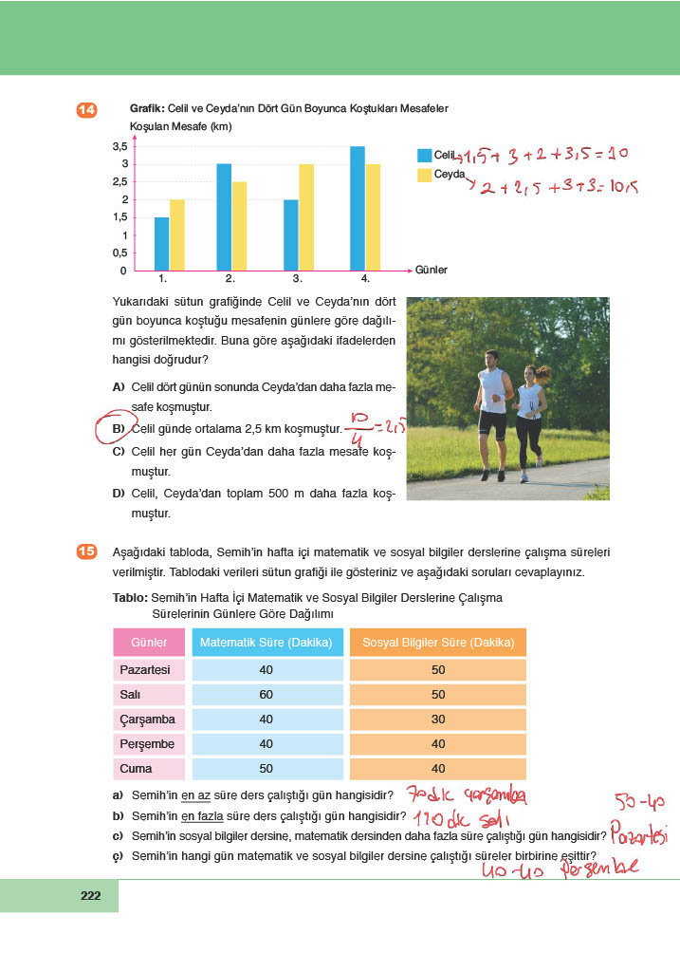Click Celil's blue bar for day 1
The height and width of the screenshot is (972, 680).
point(161,244)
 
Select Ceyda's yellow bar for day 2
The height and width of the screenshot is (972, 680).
point(239,226)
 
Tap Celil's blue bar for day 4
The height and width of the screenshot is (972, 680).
point(357,209)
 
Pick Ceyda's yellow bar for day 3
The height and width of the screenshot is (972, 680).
point(306,217)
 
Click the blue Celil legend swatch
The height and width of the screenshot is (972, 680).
point(424,154)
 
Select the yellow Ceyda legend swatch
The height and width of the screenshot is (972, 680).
point(424,175)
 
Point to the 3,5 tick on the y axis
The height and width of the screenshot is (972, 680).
point(119,147)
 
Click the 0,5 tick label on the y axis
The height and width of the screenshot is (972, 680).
point(119,252)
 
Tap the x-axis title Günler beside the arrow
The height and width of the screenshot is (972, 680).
point(431,271)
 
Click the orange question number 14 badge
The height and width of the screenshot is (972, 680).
point(86,111)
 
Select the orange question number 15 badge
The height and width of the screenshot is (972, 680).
point(86,551)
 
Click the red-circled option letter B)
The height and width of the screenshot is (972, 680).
point(119,429)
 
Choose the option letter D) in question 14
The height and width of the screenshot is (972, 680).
point(119,494)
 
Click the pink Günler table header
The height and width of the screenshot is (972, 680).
point(148,643)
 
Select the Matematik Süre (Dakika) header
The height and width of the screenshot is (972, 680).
point(267,643)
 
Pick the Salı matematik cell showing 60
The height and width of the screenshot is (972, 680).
point(267,695)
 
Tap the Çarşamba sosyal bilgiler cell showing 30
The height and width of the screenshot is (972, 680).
point(437,720)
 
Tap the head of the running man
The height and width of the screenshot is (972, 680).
point(489,359)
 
